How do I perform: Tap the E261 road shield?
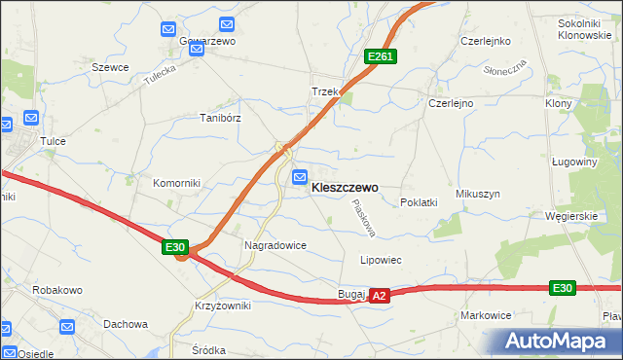(380, 57)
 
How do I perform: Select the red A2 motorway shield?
(380, 295)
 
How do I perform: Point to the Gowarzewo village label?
(207, 42)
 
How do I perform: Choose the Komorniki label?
(176, 182)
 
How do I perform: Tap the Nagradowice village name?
(275, 246)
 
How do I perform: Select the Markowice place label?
(487, 315)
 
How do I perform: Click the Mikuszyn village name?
(477, 194)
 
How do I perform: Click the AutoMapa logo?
(558, 341)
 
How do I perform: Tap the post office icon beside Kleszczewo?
(300, 176)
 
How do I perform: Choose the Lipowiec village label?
(382, 261)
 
